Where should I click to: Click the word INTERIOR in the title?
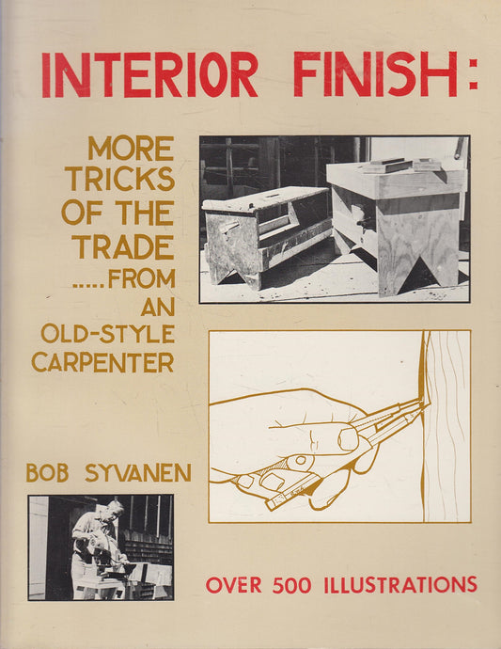pos(149,74)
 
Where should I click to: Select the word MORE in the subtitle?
pos(131,148)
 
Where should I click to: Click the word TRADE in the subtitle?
pos(123,247)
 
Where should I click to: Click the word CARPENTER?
pos(102,362)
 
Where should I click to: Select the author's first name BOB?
pos(46,471)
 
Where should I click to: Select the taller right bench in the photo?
pos(398,216)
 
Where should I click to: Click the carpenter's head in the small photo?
pos(116,508)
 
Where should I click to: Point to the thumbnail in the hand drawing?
pos(348,438)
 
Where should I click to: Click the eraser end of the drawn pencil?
pos(274,504)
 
